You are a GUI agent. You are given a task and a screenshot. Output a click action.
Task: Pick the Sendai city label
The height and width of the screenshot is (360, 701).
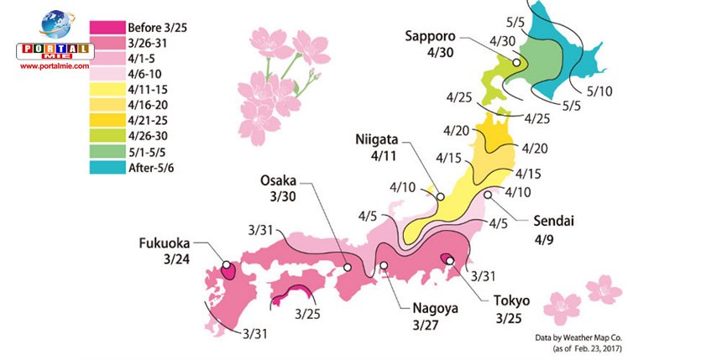[557, 222]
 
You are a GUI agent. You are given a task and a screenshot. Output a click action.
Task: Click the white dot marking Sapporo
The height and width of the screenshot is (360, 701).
[517, 63]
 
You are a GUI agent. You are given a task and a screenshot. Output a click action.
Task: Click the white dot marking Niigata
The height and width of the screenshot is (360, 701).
[439, 198]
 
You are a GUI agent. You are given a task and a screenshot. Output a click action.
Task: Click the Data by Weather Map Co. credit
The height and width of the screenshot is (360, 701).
[583, 337]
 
